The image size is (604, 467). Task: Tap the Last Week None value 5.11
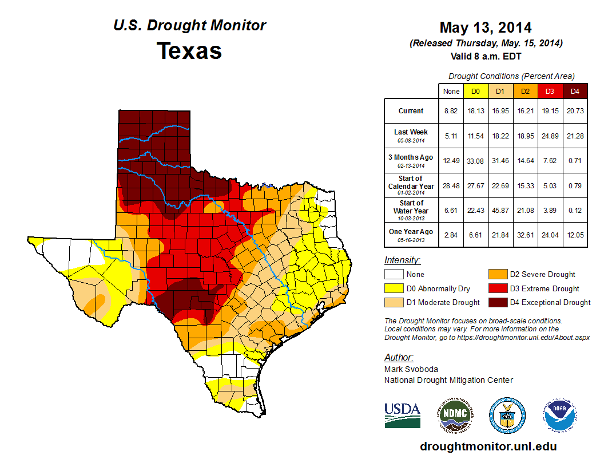click(x=451, y=136)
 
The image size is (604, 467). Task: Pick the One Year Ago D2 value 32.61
click(x=525, y=235)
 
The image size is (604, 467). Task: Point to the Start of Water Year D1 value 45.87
click(x=500, y=210)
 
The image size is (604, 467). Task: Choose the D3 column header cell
click(x=550, y=91)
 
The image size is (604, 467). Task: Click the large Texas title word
click(x=189, y=51)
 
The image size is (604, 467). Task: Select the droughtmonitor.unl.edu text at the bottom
click(x=488, y=446)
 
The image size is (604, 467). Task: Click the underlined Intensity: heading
click(x=403, y=260)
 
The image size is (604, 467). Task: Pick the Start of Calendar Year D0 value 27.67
click(x=476, y=185)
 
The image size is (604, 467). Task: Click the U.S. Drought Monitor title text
click(x=189, y=26)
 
